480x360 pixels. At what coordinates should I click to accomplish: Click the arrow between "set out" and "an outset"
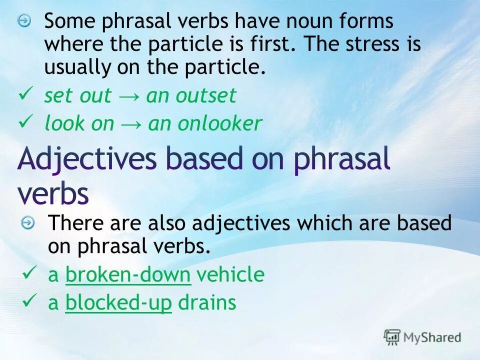click(x=128, y=96)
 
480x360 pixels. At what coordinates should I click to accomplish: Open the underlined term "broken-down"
click(x=128, y=274)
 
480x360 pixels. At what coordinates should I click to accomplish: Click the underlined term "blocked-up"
click(x=118, y=302)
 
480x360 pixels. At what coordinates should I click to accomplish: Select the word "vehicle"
click(x=230, y=274)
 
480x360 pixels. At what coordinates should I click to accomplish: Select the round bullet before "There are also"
click(x=28, y=223)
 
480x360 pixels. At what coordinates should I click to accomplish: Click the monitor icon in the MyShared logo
click(x=392, y=337)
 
